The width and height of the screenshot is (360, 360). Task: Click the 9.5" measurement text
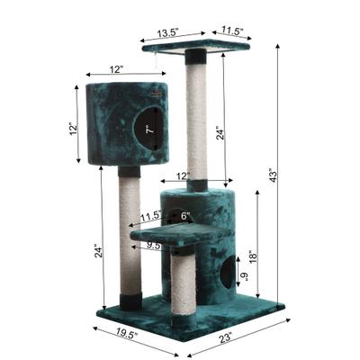154,244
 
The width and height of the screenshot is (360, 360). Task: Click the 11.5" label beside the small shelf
149,216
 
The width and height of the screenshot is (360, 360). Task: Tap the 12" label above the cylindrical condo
183,175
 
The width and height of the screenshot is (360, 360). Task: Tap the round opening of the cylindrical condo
225,274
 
